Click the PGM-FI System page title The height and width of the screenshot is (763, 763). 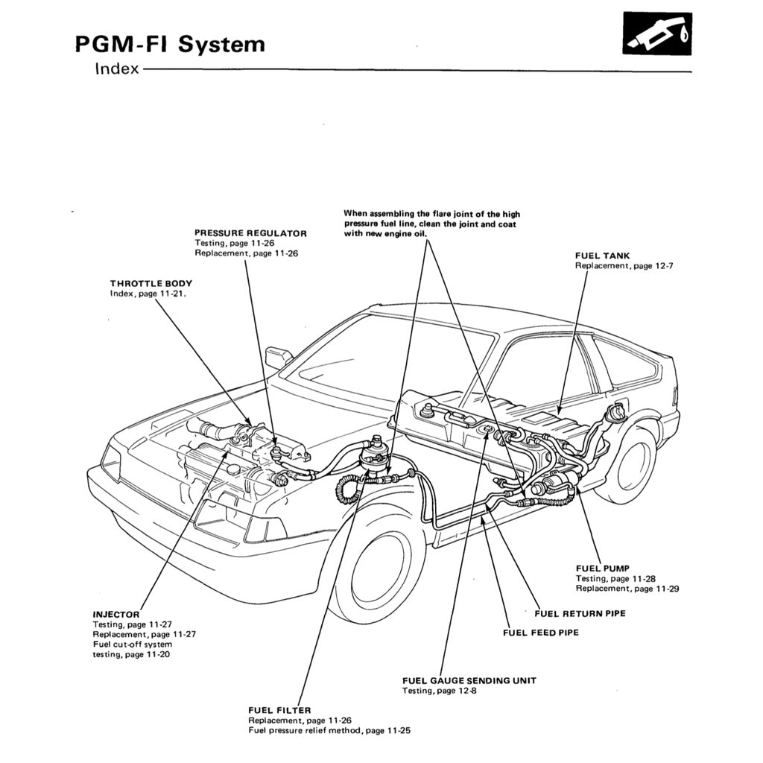point(170,44)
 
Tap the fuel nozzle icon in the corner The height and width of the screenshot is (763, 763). point(656,34)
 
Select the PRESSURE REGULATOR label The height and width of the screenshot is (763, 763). point(250,233)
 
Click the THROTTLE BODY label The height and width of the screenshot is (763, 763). point(151,283)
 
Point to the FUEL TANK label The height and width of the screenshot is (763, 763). point(602,256)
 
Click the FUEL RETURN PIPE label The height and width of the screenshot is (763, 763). point(580,613)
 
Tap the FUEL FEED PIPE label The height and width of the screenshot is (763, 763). point(541,633)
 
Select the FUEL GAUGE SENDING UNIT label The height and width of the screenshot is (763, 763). point(469,680)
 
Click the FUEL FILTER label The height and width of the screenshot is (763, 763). point(279,710)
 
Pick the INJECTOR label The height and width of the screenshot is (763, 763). point(115,614)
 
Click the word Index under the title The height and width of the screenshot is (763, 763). point(117,70)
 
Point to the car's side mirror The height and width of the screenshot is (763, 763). point(278,357)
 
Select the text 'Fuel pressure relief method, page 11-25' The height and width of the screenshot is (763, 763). point(329,731)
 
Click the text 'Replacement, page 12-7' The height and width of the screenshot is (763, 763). point(624,266)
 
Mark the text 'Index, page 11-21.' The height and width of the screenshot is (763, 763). point(148,294)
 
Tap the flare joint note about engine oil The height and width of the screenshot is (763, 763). point(431,224)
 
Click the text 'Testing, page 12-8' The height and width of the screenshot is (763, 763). point(439,691)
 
